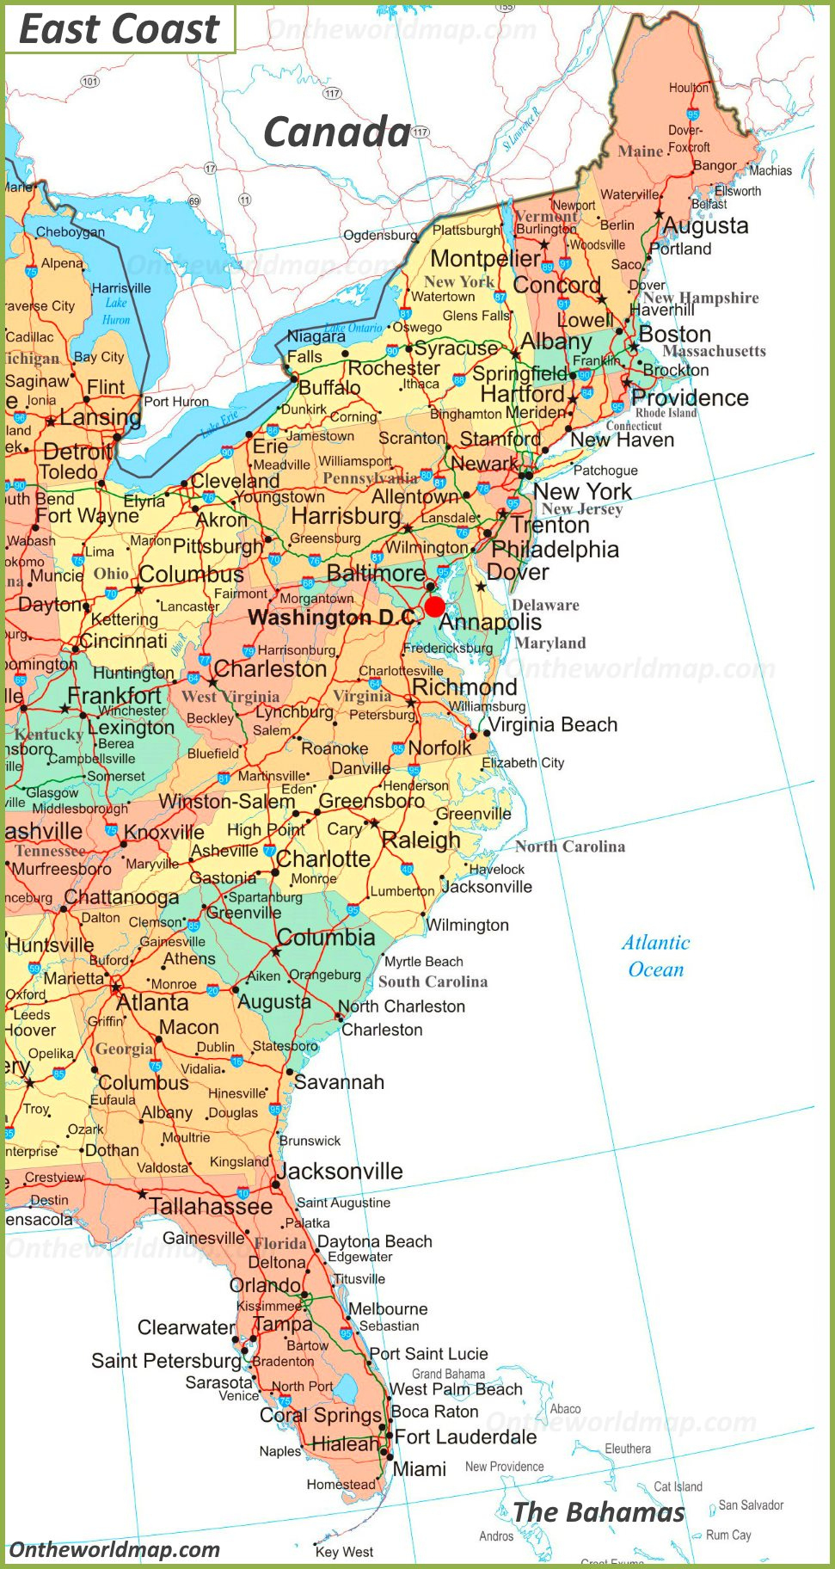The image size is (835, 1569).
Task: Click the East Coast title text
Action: pos(119,29)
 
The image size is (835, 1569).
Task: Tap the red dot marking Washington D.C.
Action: pos(435,606)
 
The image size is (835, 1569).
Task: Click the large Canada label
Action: pos(336,132)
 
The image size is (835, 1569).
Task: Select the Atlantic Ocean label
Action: pos(656,956)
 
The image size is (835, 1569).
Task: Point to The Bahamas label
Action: pos(599,1511)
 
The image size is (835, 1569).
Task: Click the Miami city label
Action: pos(419,1469)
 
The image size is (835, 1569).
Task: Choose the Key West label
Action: pos(344,1552)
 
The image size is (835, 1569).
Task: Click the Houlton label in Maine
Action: pos(689,88)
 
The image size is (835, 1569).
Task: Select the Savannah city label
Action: pos(339,1082)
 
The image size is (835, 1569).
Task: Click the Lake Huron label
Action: pos(116,311)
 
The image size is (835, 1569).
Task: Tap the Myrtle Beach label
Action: pos(423,962)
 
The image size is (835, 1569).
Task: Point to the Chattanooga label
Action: pos(121,897)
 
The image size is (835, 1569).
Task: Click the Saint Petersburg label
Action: pos(166,1361)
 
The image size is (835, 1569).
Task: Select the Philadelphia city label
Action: pos(555,549)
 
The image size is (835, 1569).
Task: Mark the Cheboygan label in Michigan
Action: pos(71,231)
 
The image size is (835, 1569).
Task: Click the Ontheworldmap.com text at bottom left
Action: pos(114,1550)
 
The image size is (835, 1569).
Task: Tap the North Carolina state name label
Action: pos(570,846)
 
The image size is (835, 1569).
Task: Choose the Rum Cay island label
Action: pos(728,1535)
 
